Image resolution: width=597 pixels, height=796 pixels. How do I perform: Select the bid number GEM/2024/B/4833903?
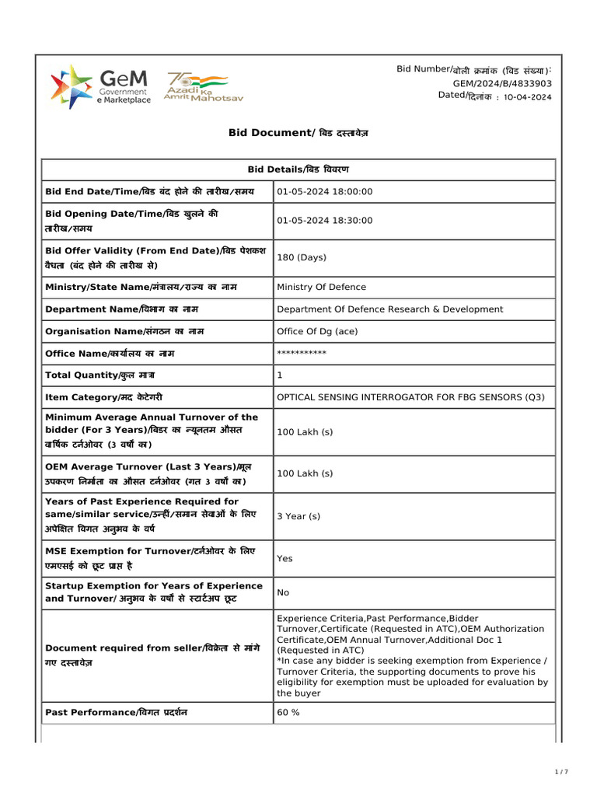pyautogui.click(x=502, y=83)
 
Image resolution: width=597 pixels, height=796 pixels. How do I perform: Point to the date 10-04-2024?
pyautogui.click(x=528, y=97)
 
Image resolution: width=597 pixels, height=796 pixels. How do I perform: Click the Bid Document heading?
pyautogui.click(x=298, y=133)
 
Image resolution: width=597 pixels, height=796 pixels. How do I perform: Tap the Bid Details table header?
pyautogui.click(x=298, y=169)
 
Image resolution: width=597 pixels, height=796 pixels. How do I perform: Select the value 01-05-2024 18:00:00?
pyautogui.click(x=325, y=191)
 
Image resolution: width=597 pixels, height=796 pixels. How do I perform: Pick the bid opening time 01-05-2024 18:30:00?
pyautogui.click(x=325, y=221)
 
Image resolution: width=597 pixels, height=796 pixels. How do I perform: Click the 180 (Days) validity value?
pyautogui.click(x=302, y=257)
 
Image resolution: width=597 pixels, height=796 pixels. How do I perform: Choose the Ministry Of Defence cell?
pyautogui.click(x=321, y=287)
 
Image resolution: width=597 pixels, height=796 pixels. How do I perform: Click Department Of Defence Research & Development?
pyautogui.click(x=389, y=309)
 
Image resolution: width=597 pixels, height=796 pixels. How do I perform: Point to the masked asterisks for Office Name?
pyautogui.click(x=302, y=353)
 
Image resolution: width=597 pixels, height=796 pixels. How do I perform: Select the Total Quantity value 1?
pyautogui.click(x=280, y=375)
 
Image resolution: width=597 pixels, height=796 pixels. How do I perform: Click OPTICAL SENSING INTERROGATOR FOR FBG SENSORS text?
pyautogui.click(x=410, y=397)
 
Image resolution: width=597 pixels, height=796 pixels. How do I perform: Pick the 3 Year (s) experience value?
pyautogui.click(x=298, y=516)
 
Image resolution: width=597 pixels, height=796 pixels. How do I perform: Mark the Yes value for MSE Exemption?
pyautogui.click(x=285, y=558)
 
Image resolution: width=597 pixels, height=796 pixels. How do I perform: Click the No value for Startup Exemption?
pyautogui.click(x=283, y=592)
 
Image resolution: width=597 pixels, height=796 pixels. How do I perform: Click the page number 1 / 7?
pyautogui.click(x=561, y=772)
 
